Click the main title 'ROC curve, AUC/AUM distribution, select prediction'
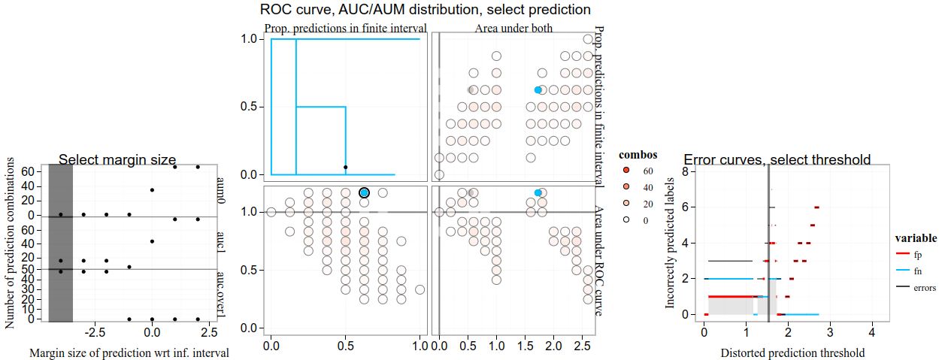click(426, 10)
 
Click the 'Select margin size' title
click(117, 159)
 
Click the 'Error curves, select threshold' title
click(777, 159)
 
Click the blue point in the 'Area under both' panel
click(538, 89)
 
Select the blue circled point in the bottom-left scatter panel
click(365, 193)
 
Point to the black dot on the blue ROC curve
click(345, 167)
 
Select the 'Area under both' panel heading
click(513, 29)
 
